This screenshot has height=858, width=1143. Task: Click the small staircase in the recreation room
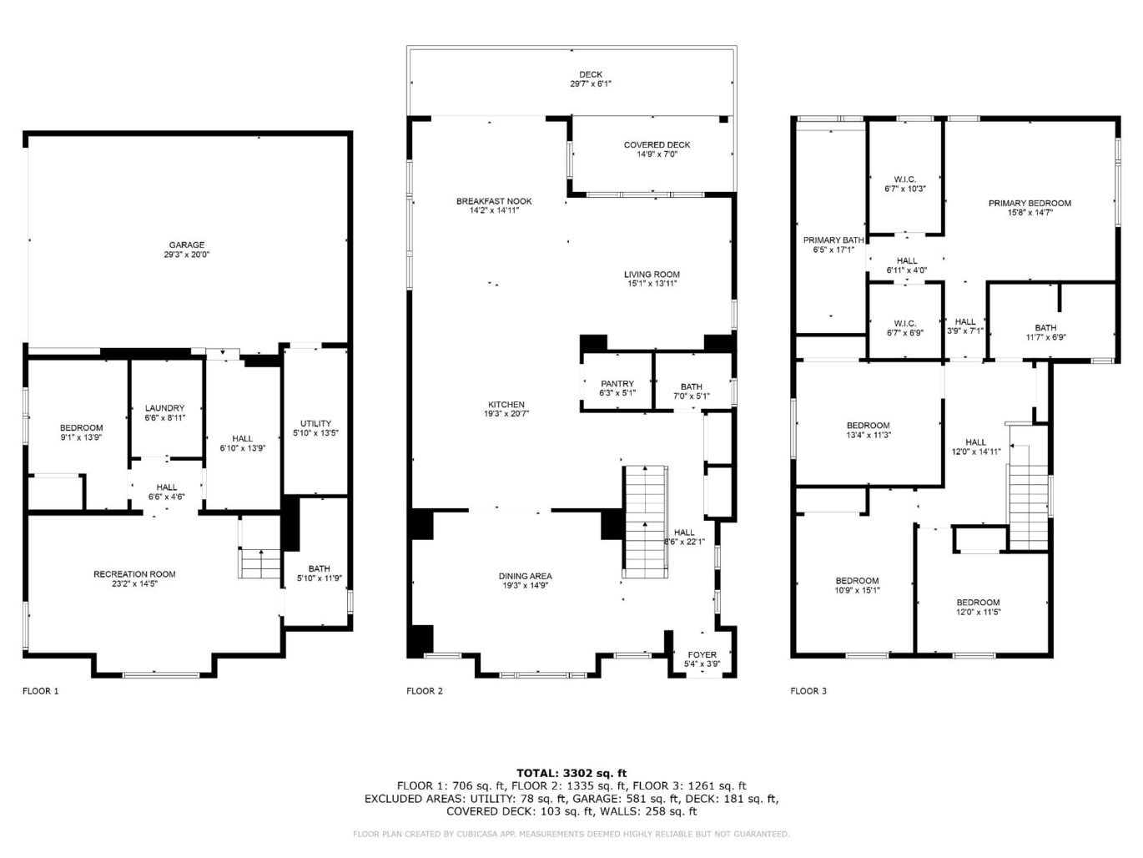tap(259, 563)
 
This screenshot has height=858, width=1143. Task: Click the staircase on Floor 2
tap(645, 522)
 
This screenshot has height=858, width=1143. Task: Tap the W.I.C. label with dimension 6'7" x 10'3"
tap(905, 184)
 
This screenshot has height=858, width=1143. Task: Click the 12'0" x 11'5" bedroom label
tap(978, 607)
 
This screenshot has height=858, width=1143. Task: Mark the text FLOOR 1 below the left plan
tap(41, 691)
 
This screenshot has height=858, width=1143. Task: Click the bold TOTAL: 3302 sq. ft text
tap(571, 773)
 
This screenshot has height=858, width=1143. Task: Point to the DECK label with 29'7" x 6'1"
tap(591, 79)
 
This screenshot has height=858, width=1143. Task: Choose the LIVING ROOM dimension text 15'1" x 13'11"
tap(652, 284)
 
